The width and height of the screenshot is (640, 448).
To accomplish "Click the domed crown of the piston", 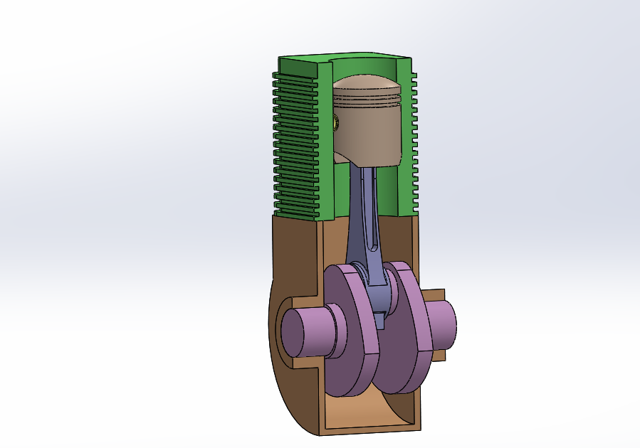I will pyautogui.click(x=370, y=89).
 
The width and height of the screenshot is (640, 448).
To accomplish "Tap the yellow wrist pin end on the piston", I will pyautogui.click(x=336, y=123).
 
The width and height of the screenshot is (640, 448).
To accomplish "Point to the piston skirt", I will pyautogui.click(x=370, y=139).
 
